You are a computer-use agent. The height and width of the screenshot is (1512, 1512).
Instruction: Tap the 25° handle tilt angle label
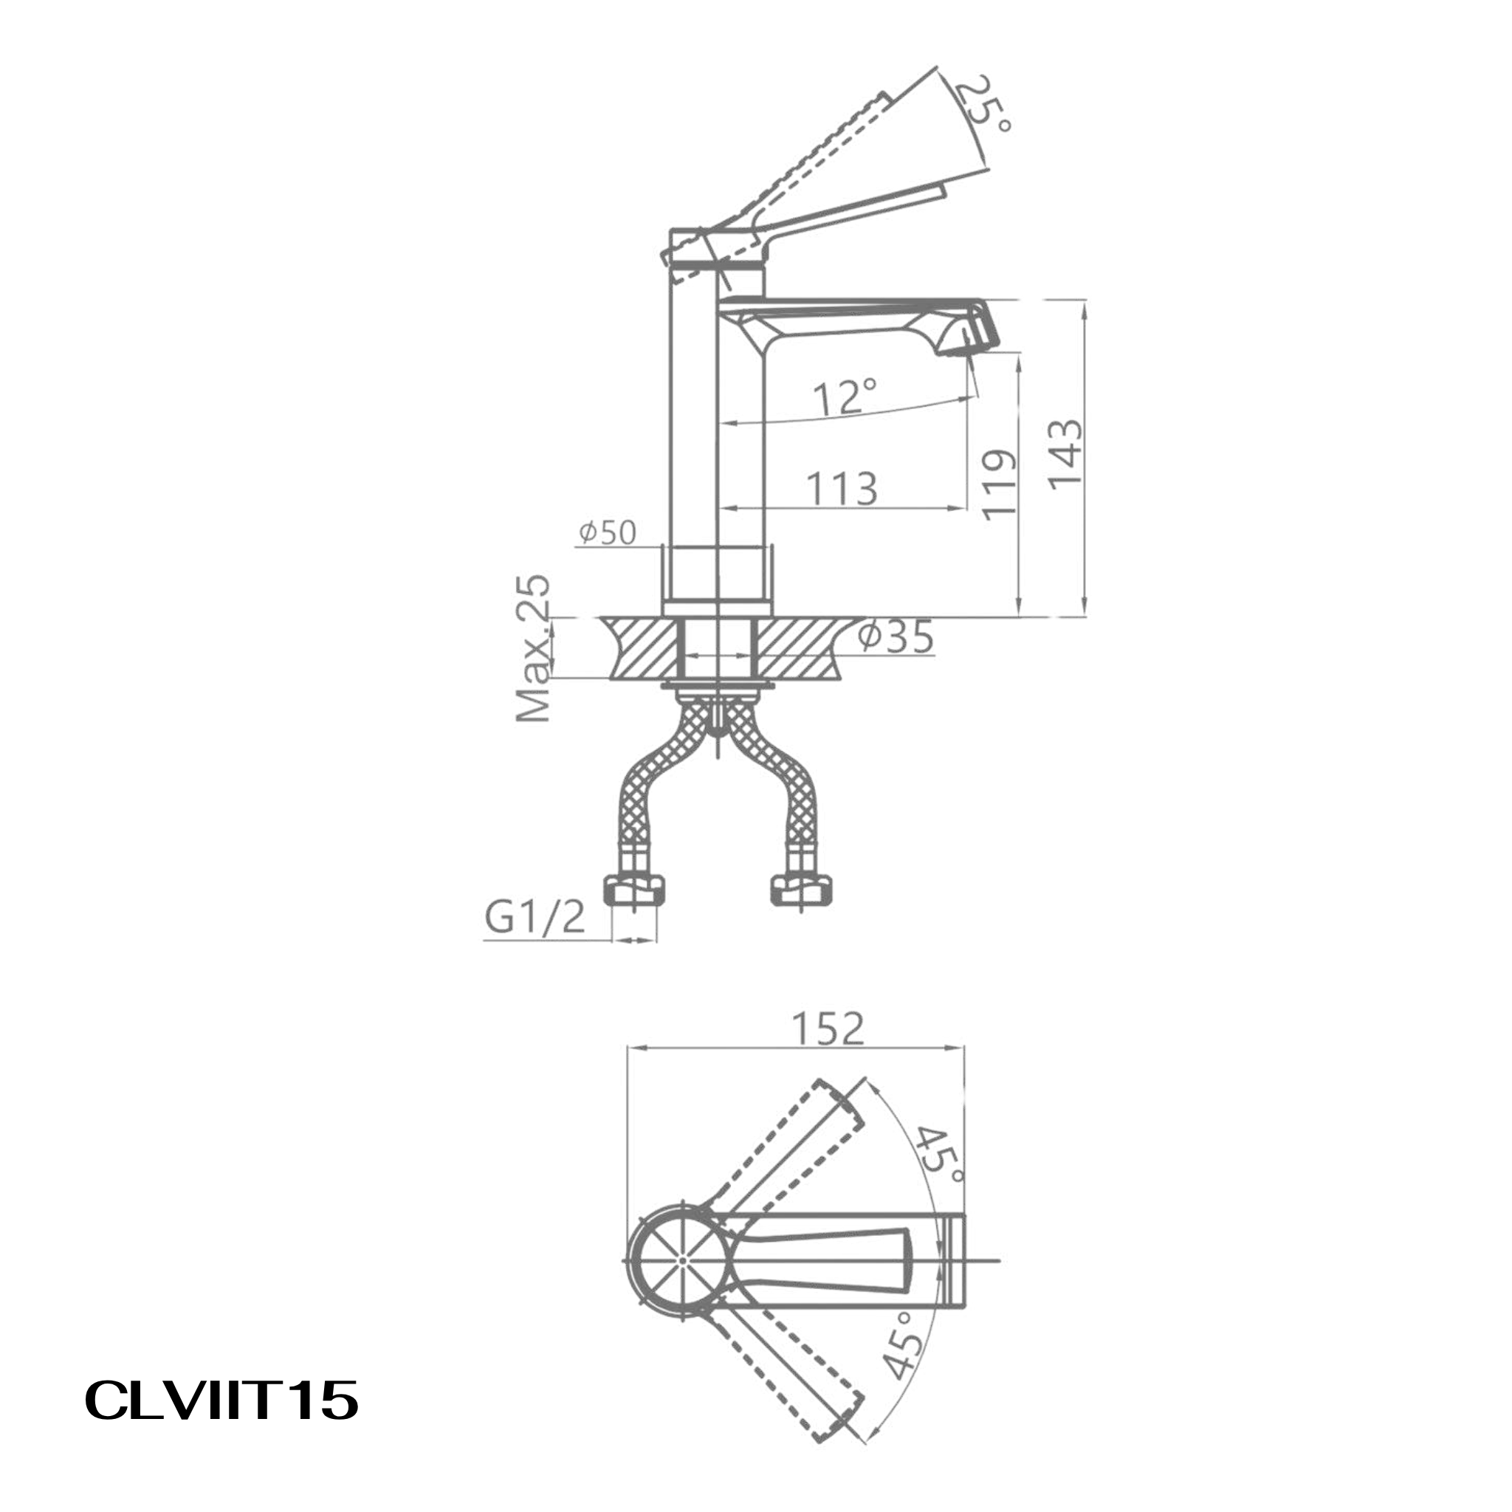click(x=986, y=103)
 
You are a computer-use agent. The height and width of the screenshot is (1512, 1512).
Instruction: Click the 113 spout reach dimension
click(x=842, y=488)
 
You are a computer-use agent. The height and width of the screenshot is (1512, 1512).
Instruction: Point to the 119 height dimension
click(x=1000, y=484)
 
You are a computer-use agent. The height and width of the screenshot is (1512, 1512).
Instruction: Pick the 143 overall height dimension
click(x=1067, y=456)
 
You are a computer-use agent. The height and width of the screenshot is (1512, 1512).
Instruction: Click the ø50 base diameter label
click(x=608, y=532)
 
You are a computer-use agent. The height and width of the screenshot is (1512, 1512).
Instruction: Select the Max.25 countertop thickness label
click(x=535, y=648)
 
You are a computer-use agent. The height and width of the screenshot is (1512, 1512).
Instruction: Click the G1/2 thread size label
click(x=535, y=917)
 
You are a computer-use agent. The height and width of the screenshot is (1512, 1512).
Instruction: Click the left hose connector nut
click(x=636, y=890)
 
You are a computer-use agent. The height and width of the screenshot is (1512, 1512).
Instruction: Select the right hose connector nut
click(x=801, y=890)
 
